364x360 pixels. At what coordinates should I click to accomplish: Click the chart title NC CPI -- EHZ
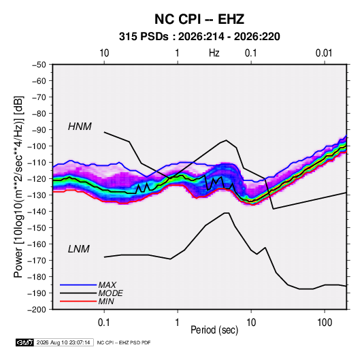click(199, 19)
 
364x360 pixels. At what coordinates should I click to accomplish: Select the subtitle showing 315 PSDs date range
click(199, 37)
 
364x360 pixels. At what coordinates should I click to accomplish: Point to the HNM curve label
click(80, 127)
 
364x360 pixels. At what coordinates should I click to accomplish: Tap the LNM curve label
click(79, 249)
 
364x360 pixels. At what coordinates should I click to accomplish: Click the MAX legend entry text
click(107, 285)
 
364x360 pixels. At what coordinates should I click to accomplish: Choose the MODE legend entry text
click(110, 293)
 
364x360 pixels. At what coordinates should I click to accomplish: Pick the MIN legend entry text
click(106, 301)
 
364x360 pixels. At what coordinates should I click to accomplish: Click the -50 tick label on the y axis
click(39, 65)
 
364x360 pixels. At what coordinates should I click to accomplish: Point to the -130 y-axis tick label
click(37, 195)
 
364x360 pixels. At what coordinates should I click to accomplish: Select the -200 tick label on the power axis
click(37, 310)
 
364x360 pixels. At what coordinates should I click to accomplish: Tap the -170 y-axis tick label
click(37, 261)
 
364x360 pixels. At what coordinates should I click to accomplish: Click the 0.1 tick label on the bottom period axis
click(104, 323)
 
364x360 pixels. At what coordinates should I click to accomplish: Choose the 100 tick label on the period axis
click(325, 323)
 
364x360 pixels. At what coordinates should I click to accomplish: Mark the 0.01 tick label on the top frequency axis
click(324, 53)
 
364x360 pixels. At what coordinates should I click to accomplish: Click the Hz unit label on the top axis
click(214, 53)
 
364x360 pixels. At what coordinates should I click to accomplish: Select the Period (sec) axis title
click(214, 330)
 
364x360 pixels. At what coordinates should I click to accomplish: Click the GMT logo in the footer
click(25, 342)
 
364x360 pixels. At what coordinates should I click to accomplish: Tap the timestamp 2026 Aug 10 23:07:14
click(63, 342)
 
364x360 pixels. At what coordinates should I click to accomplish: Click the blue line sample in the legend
click(78, 285)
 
